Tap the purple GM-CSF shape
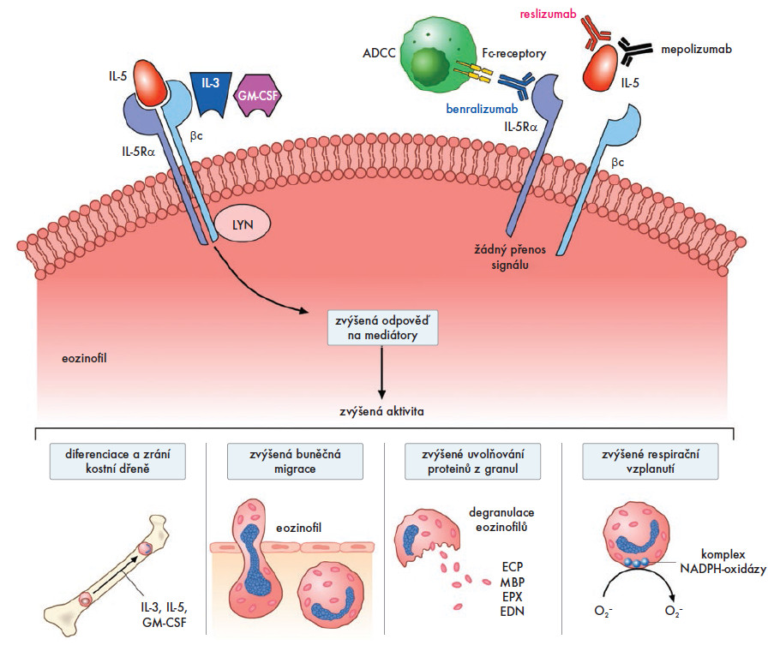point(255,97)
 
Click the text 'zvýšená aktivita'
point(381,411)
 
